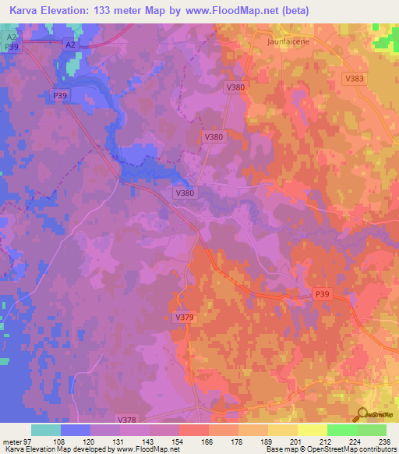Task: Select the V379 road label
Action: (184, 317)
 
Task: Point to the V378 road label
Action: (126, 419)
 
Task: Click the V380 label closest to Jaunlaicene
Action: (236, 87)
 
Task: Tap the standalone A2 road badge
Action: (70, 45)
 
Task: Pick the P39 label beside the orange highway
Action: (322, 293)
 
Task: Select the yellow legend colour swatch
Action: (312, 430)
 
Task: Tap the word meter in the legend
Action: (12, 441)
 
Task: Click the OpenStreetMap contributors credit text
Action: (342, 449)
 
